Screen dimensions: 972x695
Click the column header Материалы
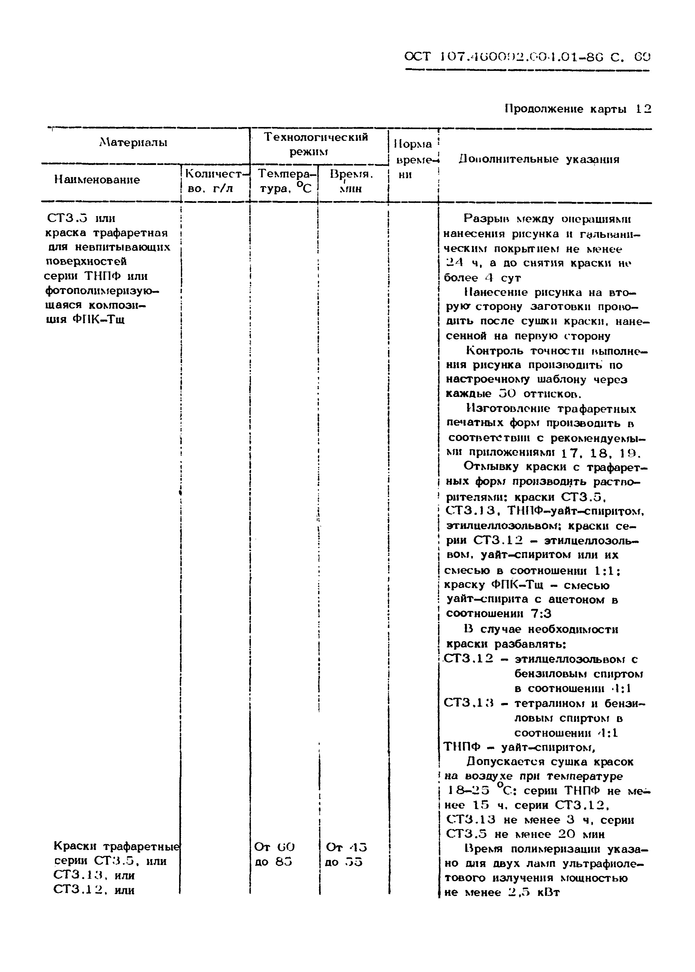coord(133,143)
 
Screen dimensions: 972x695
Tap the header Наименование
coord(97,180)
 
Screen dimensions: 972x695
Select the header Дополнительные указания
coord(539,160)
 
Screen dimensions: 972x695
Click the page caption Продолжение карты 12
coord(578,109)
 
